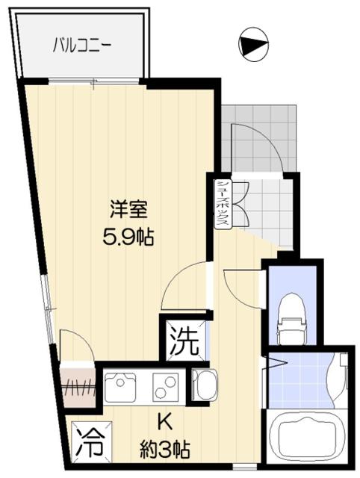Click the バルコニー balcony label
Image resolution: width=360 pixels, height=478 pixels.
[81, 46]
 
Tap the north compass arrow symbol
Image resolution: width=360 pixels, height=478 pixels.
[253, 45]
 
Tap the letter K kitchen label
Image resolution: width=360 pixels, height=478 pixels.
[165, 423]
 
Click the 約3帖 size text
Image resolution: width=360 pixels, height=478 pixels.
[165, 450]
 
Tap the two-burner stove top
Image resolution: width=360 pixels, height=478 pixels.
[166, 387]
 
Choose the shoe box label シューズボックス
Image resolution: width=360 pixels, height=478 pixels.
[223, 205]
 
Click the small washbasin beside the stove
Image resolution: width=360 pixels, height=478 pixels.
[202, 386]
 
